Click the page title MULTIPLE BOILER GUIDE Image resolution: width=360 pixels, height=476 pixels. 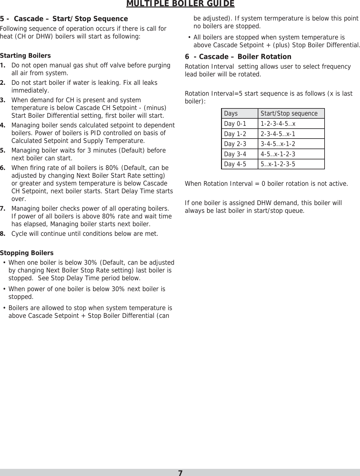(x=180, y=4)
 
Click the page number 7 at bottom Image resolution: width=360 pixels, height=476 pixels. (x=180, y=473)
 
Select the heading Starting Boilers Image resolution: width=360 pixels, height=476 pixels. (x=25, y=56)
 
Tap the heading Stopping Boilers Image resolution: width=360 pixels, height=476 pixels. (x=27, y=253)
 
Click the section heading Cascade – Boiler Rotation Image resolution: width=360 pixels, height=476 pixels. (x=245, y=57)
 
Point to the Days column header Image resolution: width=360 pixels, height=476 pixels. (x=231, y=113)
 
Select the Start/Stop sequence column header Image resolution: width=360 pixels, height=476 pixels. (x=289, y=113)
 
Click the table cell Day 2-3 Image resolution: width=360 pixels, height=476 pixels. (x=235, y=144)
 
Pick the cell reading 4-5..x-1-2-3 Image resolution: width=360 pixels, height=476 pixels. (x=278, y=154)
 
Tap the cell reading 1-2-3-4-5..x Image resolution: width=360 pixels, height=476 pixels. (x=278, y=124)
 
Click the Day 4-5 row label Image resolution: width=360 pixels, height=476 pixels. (x=235, y=164)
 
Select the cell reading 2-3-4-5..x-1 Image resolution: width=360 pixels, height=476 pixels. (x=278, y=134)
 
